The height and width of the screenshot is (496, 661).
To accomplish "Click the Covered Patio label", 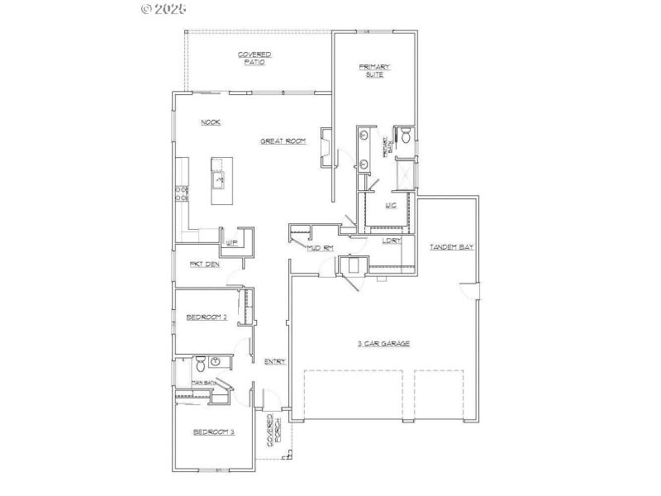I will (254, 59).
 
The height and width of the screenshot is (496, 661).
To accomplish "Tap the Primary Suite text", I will (374, 70).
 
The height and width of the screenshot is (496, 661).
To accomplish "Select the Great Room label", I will (283, 141).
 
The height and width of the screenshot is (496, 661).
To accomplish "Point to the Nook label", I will (210, 122).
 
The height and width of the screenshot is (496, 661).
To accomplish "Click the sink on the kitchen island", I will (220, 177).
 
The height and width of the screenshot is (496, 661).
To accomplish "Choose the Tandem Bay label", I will (451, 247).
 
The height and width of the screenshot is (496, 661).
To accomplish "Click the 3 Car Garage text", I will (383, 343).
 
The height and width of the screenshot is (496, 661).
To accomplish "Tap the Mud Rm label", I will (320, 248).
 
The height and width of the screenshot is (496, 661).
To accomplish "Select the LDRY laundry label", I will (391, 241).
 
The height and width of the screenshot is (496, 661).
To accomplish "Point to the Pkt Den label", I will (204, 265).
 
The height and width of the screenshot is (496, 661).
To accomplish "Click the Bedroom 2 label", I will (206, 317).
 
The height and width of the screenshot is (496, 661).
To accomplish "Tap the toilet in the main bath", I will (199, 364).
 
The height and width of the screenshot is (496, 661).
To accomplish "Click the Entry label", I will (274, 362).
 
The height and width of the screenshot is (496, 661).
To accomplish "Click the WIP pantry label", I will (232, 243).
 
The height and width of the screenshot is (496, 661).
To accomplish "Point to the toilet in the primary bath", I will (405, 136).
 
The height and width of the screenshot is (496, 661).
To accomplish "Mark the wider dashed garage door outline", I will (353, 396).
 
